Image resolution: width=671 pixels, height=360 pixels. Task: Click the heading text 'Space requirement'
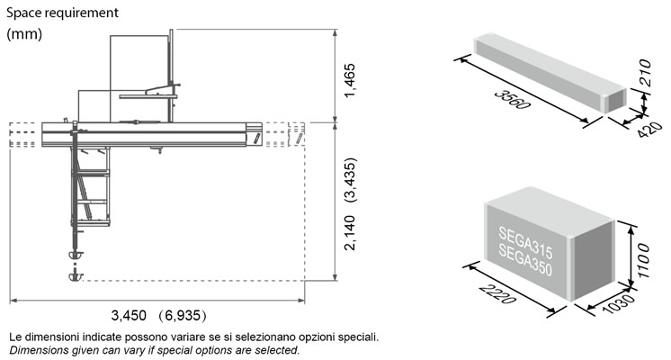point(62,13)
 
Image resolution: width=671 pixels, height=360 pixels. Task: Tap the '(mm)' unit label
point(24,34)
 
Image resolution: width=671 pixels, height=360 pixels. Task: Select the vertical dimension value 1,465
point(350,80)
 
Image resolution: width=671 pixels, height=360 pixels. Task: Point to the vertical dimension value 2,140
point(350,232)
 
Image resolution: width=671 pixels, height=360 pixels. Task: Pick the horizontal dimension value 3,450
point(129,316)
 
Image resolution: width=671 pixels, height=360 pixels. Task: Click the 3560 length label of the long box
point(512,100)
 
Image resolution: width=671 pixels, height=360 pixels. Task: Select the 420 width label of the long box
point(649,130)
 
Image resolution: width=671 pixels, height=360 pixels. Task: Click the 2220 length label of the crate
point(497,294)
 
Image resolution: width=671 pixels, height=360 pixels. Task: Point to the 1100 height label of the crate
point(642,261)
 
